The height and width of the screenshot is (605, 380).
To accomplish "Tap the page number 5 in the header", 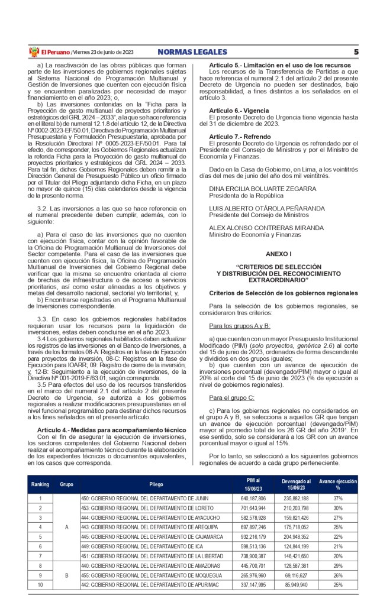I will [x=356, y=52].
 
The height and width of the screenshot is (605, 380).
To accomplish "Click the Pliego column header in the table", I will [x=156, y=484].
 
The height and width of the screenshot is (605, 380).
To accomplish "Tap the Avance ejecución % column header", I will [x=338, y=484].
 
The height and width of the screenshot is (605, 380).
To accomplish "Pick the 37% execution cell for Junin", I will [x=338, y=499].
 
